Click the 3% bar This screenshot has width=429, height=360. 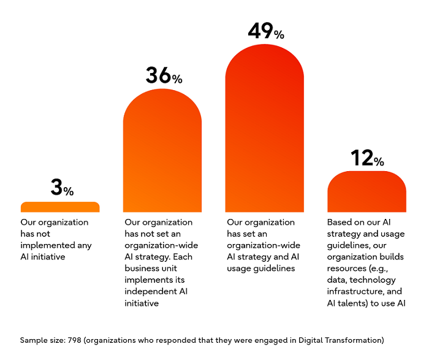60,207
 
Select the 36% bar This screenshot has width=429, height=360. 162,153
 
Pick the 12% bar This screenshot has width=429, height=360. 366,193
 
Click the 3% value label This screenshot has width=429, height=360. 62,187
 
